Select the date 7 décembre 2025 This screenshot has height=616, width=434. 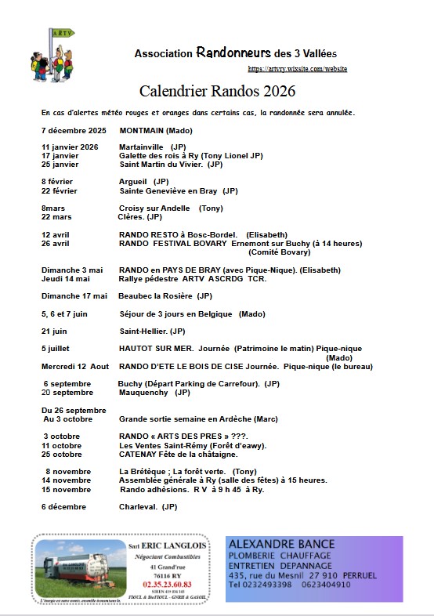pos(73,130)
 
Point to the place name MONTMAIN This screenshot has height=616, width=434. pos(141,130)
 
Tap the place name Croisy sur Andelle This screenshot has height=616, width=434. pos(154,208)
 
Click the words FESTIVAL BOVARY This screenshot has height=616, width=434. pos(193,243)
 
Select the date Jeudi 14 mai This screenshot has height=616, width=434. pos(65,278)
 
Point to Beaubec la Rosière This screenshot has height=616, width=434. pos(155,295)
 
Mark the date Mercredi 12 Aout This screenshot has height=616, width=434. pos(74,366)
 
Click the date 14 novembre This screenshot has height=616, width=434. pos(67,480)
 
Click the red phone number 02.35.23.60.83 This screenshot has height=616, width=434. pos(166,584)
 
